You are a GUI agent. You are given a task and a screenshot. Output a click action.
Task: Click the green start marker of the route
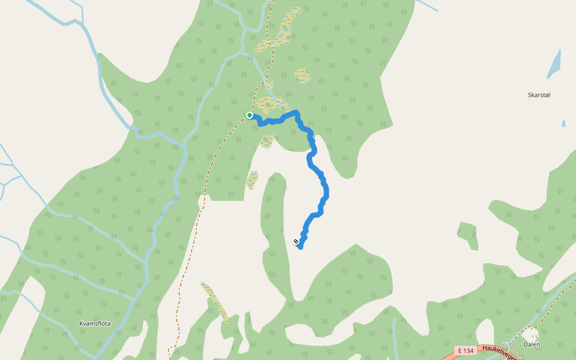[x=250, y=115]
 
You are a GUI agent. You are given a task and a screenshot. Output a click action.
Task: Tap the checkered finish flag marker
[x=296, y=242]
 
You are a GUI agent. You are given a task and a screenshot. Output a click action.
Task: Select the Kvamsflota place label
[x=95, y=323]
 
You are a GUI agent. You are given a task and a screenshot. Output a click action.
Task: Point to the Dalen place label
[x=532, y=344]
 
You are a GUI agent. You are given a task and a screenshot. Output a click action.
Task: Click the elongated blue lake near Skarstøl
[x=554, y=64]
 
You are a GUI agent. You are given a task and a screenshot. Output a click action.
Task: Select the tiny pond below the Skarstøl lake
[x=563, y=124]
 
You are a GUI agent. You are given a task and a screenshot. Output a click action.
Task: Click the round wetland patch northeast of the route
[x=302, y=76]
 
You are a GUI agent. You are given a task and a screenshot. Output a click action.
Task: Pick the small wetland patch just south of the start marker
[x=267, y=141]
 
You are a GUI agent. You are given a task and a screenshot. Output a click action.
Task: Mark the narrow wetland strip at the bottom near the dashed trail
[x=215, y=301]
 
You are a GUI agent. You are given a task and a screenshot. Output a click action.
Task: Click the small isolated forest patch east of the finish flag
[x=467, y=235]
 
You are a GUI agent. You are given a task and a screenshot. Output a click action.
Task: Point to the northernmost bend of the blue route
[x=296, y=112]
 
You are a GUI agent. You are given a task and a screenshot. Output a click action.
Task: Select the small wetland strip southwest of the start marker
[x=253, y=180]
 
